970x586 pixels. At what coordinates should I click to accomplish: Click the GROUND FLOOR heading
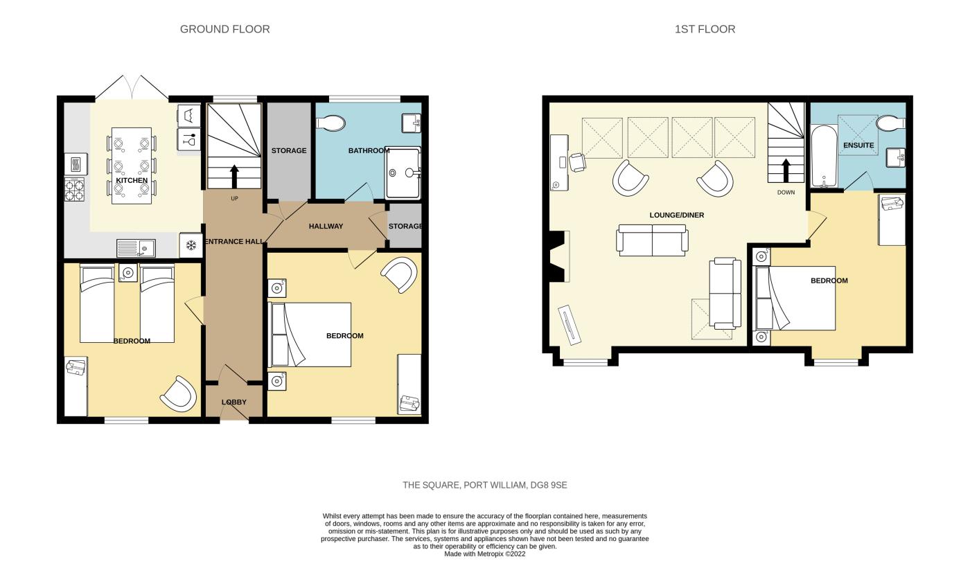click(x=224, y=29)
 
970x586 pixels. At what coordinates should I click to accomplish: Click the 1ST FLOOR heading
click(x=705, y=29)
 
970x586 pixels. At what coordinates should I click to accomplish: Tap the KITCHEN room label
click(x=132, y=180)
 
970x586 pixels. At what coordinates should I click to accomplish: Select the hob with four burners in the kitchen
click(x=75, y=190)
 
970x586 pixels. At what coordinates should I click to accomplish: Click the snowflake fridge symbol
click(x=191, y=245)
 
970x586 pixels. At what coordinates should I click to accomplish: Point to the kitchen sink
click(x=136, y=248)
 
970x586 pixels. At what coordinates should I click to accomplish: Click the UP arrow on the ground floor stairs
click(x=234, y=176)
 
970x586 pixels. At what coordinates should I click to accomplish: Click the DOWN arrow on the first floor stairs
click(x=786, y=170)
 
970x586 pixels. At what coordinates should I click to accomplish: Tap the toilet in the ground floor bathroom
click(x=330, y=123)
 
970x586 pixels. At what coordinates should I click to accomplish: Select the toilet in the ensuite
click(x=891, y=123)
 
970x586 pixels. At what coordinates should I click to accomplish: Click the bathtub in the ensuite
click(x=824, y=157)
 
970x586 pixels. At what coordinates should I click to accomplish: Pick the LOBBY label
click(x=234, y=402)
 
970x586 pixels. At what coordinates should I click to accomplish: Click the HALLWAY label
click(x=326, y=226)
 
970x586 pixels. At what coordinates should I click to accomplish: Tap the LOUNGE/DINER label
click(x=676, y=215)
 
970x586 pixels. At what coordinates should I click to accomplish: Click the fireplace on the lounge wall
click(x=557, y=256)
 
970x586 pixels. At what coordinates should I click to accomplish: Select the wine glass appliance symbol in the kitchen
click(x=188, y=139)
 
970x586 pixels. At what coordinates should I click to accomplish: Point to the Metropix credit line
click(x=484, y=554)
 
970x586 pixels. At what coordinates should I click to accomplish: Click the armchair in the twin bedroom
click(x=179, y=394)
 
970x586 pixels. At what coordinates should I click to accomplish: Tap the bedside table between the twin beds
click(x=127, y=273)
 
